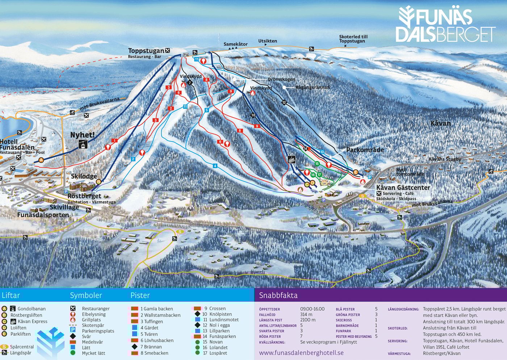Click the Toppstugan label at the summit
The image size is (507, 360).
pyautogui.click(x=146, y=51)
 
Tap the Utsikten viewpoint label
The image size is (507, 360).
pyautogui.click(x=267, y=41)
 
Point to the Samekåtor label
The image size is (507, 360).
pyautogui.click(x=235, y=44)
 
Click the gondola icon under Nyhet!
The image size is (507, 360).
pyautogui.click(x=83, y=144)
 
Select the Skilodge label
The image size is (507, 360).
pyautogui.click(x=84, y=176)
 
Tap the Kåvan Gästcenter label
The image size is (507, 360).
pyautogui.click(x=403, y=187)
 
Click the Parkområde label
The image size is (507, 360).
pyautogui.click(x=365, y=150)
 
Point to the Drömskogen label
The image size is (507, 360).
pyautogui.click(x=281, y=79)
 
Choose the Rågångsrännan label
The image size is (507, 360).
pyautogui.click(x=313, y=87)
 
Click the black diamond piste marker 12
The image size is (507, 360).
pyautogui.click(x=284, y=103)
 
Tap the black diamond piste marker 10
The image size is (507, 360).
pyautogui.click(x=253, y=115)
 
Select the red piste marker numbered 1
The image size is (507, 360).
pyautogui.click(x=115, y=141)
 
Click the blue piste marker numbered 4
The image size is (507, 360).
pyautogui.click(x=215, y=166)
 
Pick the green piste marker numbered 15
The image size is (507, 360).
pyautogui.click(x=317, y=164)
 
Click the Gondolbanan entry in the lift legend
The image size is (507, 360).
pyautogui.click(x=32, y=309)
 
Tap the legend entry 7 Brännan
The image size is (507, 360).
pyautogui.click(x=151, y=347)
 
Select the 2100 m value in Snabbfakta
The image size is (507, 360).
pyautogui.click(x=307, y=320)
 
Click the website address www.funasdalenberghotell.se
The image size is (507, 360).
pyautogui.click(x=301, y=353)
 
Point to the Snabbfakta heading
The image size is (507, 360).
pyautogui.click(x=278, y=295)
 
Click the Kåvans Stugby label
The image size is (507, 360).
pyautogui.click(x=445, y=159)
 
